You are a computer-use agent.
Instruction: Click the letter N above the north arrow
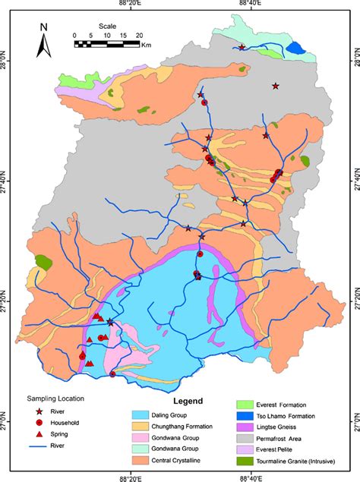pyautogui.click(x=44, y=27)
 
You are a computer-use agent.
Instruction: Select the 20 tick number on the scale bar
pyautogui.click(x=139, y=35)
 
